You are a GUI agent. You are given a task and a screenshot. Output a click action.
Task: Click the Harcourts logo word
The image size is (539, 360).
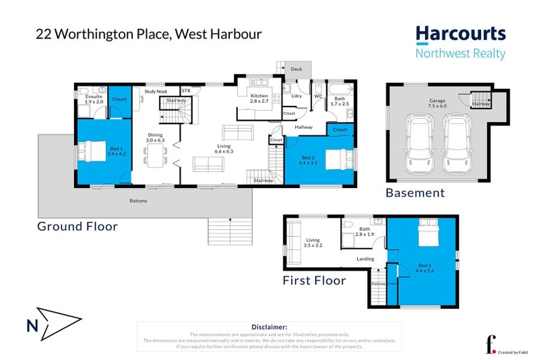coord(460,34)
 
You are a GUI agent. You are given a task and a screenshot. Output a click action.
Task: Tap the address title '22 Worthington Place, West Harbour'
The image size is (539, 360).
coord(149,34)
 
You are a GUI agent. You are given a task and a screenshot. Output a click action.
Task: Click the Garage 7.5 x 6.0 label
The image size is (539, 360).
coord(438,103)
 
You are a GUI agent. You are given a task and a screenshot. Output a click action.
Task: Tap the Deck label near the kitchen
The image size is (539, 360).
coord(296,69)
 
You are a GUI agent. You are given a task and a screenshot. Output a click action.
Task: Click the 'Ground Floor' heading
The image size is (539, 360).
coord(77,227)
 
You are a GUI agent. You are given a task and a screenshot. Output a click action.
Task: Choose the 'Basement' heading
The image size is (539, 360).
coord(415,193)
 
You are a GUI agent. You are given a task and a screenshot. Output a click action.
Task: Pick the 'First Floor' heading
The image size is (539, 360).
coord(314,280)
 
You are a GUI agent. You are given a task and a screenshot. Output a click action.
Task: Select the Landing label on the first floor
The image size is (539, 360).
coord(366,258)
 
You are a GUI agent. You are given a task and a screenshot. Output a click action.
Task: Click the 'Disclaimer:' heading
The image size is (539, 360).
coord(269,326)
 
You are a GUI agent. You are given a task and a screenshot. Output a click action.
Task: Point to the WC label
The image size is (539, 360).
coord(318,96)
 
